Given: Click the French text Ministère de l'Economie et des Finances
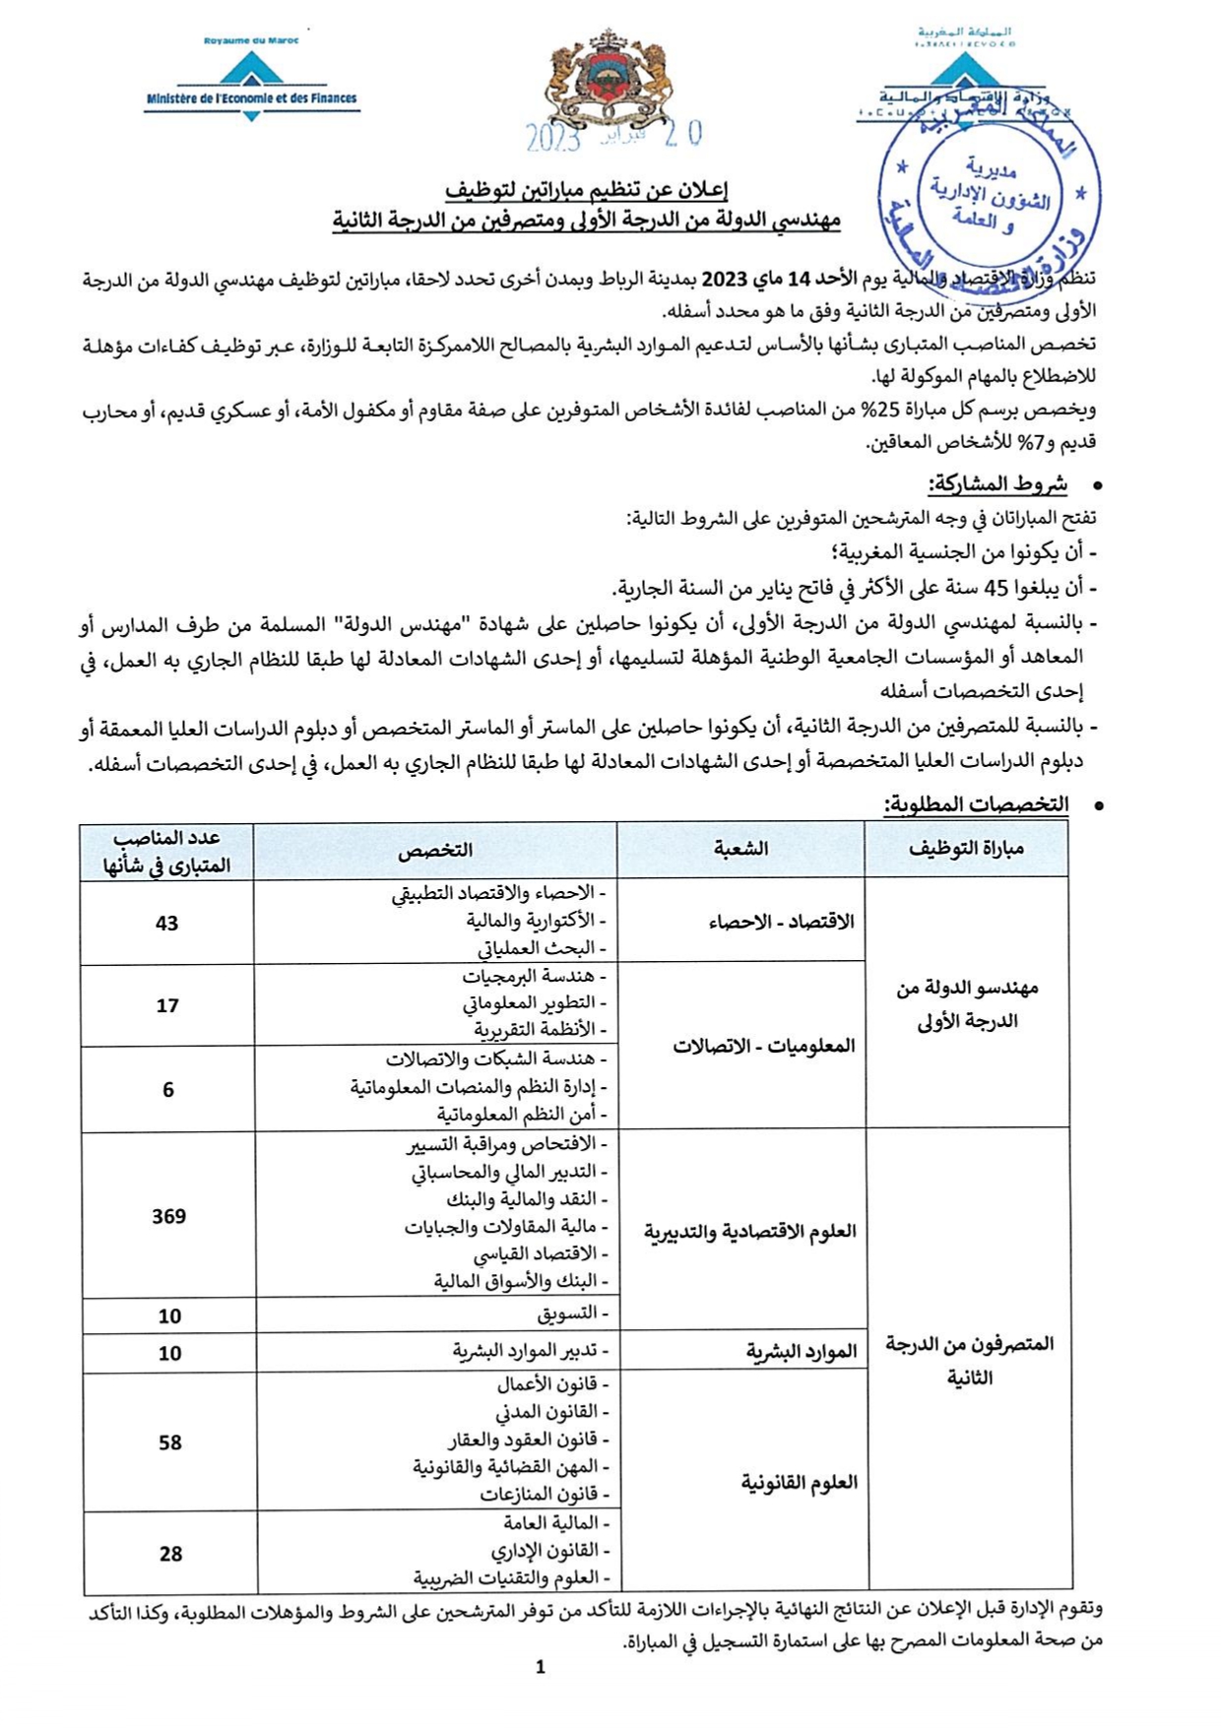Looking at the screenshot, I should [251, 98].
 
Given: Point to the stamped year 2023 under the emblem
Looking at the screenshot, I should [553, 139].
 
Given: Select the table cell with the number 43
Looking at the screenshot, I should [166, 923].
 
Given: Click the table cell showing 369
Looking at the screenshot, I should [168, 1216].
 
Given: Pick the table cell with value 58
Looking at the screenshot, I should [169, 1442].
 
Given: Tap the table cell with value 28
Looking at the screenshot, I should [170, 1554].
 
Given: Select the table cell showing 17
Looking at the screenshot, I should [167, 1005].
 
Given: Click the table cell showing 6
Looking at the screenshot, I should [168, 1089].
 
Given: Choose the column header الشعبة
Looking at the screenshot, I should [740, 849].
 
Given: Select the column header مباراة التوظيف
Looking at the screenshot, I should [966, 849].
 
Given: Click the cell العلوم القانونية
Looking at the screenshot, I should [799, 1483].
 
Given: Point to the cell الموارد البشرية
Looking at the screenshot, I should [802, 1352].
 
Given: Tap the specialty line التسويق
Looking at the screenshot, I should [572, 1314].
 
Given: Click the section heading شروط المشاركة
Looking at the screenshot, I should [997, 484].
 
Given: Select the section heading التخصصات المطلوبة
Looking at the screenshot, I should [975, 804].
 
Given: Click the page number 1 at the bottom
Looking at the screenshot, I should [540, 1667].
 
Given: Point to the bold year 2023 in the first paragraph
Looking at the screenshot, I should [725, 280].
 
